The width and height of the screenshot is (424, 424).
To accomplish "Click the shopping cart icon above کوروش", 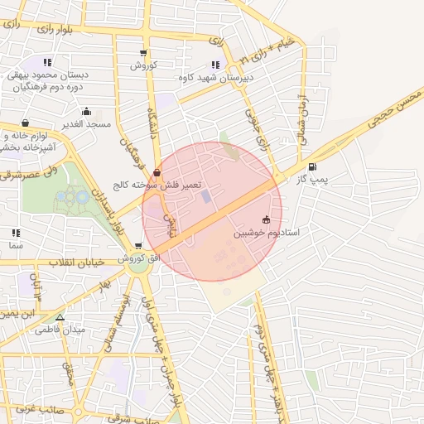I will [x=144, y=54].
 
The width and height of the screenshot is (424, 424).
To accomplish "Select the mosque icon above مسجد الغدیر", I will [x=86, y=112].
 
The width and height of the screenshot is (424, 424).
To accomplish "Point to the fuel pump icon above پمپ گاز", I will [x=312, y=167].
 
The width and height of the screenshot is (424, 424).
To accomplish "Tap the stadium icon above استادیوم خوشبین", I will [x=266, y=220].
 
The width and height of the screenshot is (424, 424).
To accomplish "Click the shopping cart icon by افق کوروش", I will [x=137, y=246].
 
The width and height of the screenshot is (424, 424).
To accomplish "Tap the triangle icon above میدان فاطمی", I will [x=60, y=317].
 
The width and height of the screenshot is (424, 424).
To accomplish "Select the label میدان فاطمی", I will [x=60, y=330].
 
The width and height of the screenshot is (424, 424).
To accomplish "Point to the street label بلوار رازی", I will [x=54, y=29].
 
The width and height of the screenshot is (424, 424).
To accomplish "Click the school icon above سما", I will [x=15, y=234].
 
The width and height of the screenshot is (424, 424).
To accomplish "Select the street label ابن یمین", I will [x=18, y=314].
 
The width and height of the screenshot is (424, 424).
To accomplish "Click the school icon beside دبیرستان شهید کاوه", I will [x=215, y=65].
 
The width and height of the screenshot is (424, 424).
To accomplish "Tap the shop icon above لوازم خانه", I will [x=25, y=123].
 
